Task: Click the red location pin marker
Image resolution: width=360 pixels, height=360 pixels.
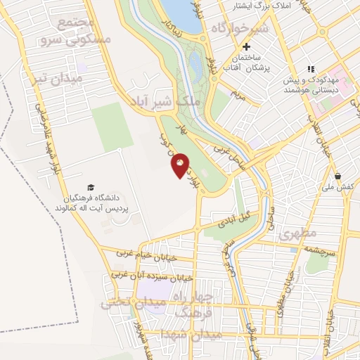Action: click(180, 165)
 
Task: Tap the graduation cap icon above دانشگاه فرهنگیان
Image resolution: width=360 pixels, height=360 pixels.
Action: click(90, 187)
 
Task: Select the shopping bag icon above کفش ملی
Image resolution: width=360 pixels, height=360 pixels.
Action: click(338, 176)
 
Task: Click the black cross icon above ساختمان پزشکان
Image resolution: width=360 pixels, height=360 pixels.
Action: click(245, 46)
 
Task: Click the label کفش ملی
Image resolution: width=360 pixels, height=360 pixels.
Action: click(338, 188)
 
